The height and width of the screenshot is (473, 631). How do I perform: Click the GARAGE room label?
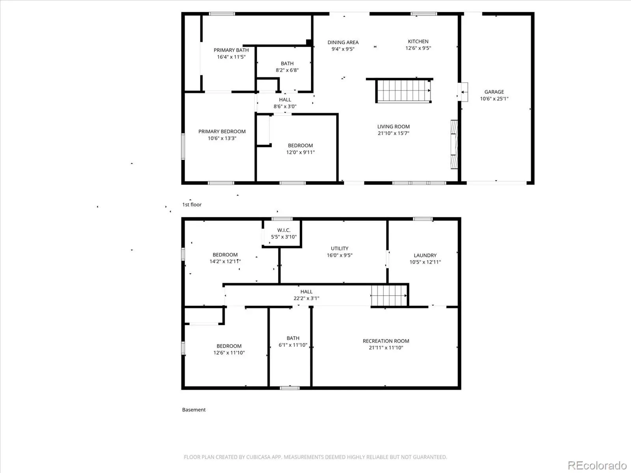[494, 92]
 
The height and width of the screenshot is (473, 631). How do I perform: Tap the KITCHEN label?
[418, 41]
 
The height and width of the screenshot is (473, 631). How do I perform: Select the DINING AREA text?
[343, 43]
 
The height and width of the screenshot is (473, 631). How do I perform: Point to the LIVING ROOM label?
[393, 127]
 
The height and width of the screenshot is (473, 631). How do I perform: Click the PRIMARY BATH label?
[231, 50]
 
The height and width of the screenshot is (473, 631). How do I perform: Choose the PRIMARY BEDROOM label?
[222, 132]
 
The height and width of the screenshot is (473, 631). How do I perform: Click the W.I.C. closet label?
[284, 230]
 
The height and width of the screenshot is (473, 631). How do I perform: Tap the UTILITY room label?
[340, 248]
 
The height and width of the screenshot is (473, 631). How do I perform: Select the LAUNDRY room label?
[425, 255]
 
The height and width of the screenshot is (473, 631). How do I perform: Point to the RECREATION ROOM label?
[386, 341]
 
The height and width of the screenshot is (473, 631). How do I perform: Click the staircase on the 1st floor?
[403, 91]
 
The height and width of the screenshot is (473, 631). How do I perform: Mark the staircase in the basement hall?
[389, 296]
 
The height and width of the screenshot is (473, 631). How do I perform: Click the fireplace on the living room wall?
[454, 144]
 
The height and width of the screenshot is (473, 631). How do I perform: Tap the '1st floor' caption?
[192, 205]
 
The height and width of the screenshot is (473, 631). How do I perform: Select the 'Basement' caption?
[194, 410]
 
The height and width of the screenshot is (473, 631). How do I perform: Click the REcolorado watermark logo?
[597, 465]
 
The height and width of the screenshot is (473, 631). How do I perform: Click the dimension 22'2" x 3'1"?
[306, 298]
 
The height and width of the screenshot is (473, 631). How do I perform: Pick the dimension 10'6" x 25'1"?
[494, 99]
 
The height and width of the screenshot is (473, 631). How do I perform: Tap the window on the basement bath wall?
[290, 388]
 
